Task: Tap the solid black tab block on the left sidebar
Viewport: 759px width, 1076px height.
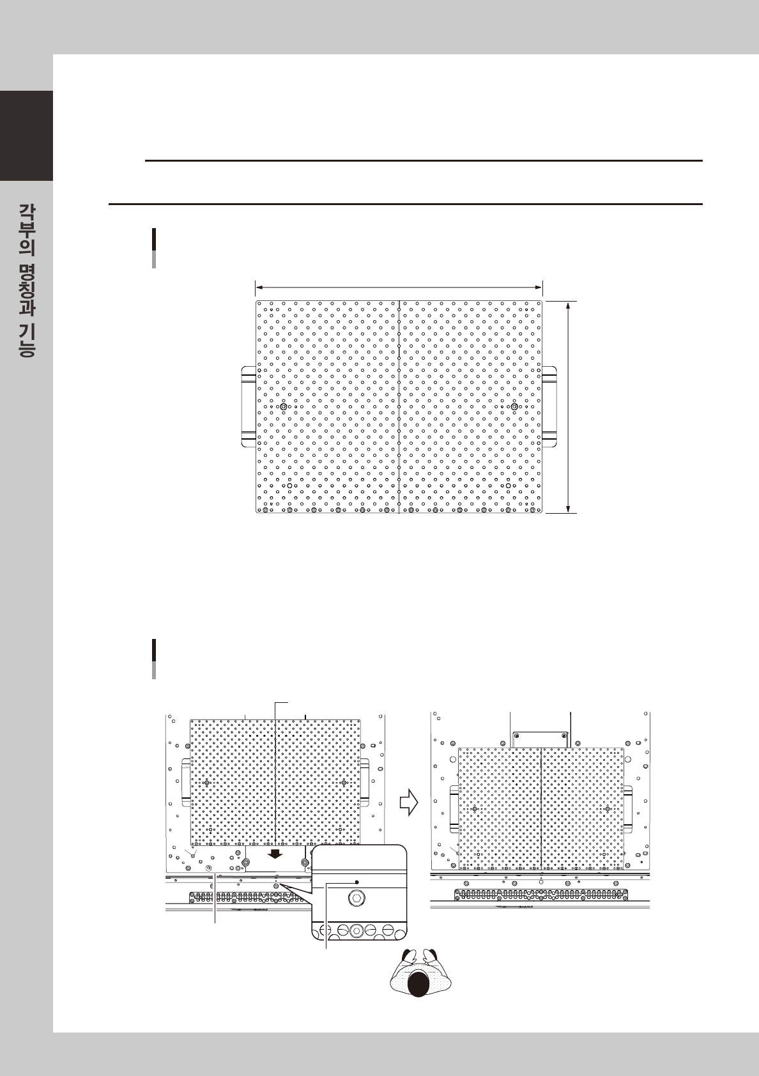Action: [x=26, y=135]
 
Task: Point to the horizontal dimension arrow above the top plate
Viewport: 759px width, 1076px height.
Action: [x=399, y=288]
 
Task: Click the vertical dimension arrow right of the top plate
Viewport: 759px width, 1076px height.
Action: [x=568, y=408]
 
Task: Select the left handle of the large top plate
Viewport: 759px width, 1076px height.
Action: [x=249, y=407]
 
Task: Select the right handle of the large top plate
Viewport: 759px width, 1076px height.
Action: [x=549, y=407]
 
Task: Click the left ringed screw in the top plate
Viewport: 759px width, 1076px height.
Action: [x=284, y=406]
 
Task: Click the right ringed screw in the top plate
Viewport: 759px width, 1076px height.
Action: [x=514, y=406]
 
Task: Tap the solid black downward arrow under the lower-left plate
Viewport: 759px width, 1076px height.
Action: [x=275, y=854]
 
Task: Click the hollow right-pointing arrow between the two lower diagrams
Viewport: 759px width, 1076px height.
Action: [x=409, y=802]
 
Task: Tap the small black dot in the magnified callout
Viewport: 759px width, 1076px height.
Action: [x=356, y=882]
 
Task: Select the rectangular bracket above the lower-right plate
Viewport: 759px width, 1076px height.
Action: [x=540, y=740]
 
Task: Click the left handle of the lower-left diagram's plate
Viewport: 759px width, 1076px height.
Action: [x=186, y=783]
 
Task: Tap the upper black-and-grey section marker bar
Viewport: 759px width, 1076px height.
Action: [x=154, y=248]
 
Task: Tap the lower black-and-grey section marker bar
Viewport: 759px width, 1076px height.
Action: [x=154, y=659]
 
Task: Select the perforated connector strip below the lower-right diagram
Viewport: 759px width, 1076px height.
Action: [x=541, y=895]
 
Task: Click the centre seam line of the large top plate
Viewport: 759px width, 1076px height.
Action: [x=399, y=407]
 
